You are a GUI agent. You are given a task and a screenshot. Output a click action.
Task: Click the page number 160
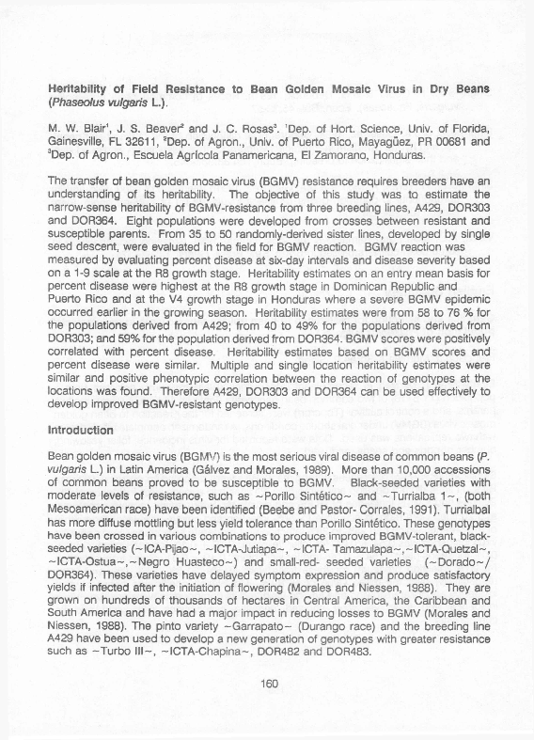[268, 712]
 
